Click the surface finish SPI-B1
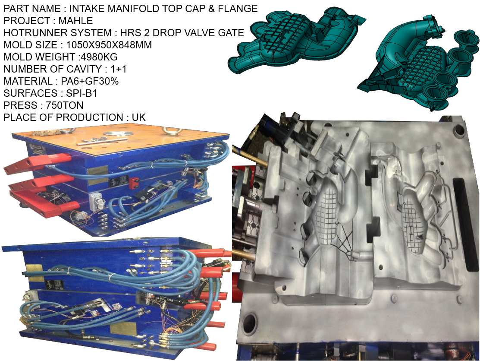(x=77, y=93)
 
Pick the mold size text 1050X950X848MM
(x=109, y=44)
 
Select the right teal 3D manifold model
(x=414, y=65)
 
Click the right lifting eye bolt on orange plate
(x=166, y=128)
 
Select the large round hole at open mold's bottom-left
(x=250, y=322)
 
